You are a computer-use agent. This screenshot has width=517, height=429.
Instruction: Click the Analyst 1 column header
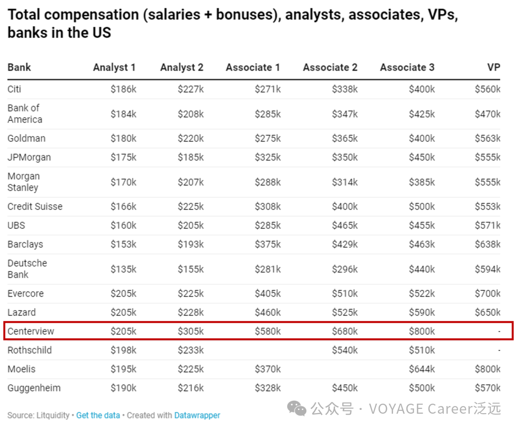coord(114,67)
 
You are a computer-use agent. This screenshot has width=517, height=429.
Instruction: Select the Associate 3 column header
coord(407,67)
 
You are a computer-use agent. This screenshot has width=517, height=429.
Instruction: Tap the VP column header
coord(494,67)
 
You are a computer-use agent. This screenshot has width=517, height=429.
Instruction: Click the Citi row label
coord(14,89)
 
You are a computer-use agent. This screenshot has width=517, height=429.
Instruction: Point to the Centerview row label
coord(31,331)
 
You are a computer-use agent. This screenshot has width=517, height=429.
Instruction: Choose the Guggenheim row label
coord(34,388)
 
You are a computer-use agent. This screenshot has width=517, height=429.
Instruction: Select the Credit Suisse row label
coord(35,207)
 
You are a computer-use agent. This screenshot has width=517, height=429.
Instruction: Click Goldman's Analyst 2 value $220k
coord(191,139)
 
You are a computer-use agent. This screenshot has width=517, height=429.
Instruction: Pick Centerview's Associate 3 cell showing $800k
coord(422,331)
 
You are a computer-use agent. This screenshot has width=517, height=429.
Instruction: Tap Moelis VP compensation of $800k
coord(487,369)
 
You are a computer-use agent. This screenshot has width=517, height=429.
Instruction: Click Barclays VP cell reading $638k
coord(487,244)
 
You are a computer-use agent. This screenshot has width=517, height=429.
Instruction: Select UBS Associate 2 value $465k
coord(345,225)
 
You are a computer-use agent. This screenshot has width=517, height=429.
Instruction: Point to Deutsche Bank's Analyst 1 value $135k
coord(124,269)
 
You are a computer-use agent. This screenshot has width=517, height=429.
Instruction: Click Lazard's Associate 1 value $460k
coord(268,312)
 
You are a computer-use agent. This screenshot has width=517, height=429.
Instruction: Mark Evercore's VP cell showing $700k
coord(487,294)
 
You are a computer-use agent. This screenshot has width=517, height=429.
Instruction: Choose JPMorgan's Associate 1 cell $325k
coord(268,157)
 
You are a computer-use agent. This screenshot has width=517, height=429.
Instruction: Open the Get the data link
coord(98,415)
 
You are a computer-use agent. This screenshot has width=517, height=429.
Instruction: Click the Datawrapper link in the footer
coord(197,415)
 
